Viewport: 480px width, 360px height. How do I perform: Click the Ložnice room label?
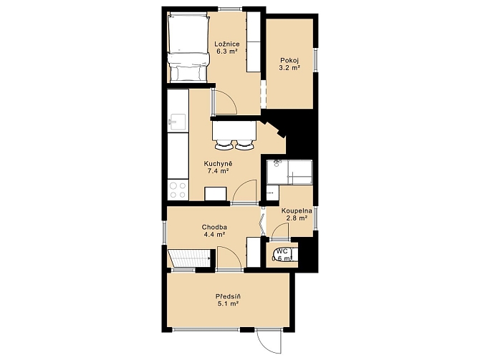[x=227, y=44]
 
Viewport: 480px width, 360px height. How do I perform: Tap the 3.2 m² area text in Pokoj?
[x=289, y=67]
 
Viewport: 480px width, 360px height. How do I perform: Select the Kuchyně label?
[x=218, y=164]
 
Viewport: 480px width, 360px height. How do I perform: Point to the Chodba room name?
[x=214, y=228]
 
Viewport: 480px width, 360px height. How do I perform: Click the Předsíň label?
[x=228, y=296]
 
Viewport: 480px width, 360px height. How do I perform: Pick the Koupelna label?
[x=297, y=210]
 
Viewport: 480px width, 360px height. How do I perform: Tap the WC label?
[x=282, y=251]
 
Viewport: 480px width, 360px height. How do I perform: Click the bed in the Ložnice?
[x=188, y=47]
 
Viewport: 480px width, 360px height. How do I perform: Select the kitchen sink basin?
[x=178, y=122]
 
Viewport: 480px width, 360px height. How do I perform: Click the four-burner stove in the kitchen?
[x=178, y=190]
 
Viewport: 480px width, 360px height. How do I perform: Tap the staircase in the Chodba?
[x=189, y=258]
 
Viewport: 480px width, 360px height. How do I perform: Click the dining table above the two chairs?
[x=234, y=130]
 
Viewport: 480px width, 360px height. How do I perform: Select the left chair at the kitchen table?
[x=223, y=145]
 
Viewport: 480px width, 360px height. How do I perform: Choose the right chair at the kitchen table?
[x=244, y=145]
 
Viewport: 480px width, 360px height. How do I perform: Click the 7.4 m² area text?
[x=218, y=171]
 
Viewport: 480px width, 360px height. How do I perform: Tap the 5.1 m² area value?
[x=228, y=303]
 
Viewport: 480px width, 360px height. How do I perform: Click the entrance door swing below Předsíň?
[x=269, y=342]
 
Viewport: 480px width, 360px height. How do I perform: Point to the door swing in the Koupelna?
[x=280, y=231]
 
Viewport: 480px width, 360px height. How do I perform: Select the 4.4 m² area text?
[x=214, y=235]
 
